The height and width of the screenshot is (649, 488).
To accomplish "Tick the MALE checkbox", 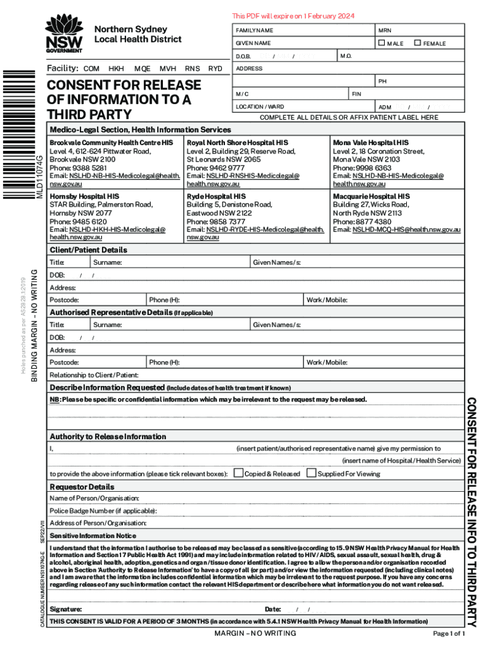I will pyautogui.click(x=382, y=43).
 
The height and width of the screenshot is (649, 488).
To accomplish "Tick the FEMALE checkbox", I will pyautogui.click(x=418, y=43).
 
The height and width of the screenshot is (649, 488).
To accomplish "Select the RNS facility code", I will pyautogui.click(x=192, y=68).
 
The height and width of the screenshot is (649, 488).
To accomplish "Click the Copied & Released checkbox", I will pyautogui.click(x=238, y=473).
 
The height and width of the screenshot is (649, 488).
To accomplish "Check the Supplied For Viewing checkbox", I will pyautogui.click(x=311, y=473).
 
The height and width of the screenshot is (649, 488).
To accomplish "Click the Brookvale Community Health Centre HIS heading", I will pyautogui.click(x=111, y=143).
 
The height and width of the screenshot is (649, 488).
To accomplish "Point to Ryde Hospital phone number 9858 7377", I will pyautogui.click(x=215, y=222).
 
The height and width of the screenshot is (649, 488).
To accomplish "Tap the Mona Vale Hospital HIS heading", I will pyautogui.click(x=371, y=143).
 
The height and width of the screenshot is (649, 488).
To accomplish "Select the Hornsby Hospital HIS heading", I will pyautogui.click(x=84, y=196).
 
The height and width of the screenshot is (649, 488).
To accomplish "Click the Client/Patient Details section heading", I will pyautogui.click(x=88, y=250).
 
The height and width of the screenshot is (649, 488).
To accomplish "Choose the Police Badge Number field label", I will pyautogui.click(x=103, y=511).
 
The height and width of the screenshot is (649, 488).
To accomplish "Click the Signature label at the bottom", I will pyautogui.click(x=65, y=609).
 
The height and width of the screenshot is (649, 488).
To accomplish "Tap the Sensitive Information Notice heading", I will pyautogui.click(x=93, y=536).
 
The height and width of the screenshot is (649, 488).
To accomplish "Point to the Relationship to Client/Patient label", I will pyautogui.click(x=94, y=375).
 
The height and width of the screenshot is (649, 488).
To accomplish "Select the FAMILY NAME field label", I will pyautogui.click(x=254, y=30).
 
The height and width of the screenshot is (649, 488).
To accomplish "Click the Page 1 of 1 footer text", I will pyautogui.click(x=449, y=634).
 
